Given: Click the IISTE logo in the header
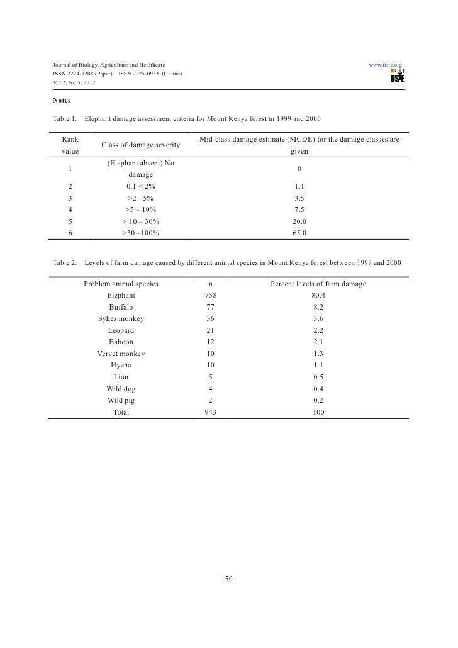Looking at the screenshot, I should coord(397,76).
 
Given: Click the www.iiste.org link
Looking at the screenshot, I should coord(386,65).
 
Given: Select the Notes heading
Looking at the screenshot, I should coord(62,101).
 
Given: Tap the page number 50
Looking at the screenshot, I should coord(229,579).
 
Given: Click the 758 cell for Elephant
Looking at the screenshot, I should coord(210,295).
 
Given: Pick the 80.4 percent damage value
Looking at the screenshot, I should coord(318,295).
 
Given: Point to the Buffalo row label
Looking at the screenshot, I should coord(121,307).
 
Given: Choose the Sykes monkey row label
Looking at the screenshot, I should coord(121,318).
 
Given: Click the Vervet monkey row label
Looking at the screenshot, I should coord(121,354).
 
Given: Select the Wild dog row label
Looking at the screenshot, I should coord(121,389).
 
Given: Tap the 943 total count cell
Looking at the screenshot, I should coord(210,412).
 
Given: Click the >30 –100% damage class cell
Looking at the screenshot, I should coord(140,233).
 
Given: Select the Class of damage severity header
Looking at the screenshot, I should coord(140,145).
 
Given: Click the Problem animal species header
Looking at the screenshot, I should coord(121,284).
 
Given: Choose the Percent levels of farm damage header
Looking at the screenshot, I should coord(318,284).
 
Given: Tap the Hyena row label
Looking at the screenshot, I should coord(121,365).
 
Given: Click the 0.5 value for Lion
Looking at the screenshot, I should coord(318,377).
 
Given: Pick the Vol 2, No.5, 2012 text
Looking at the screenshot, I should coord(74,84).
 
